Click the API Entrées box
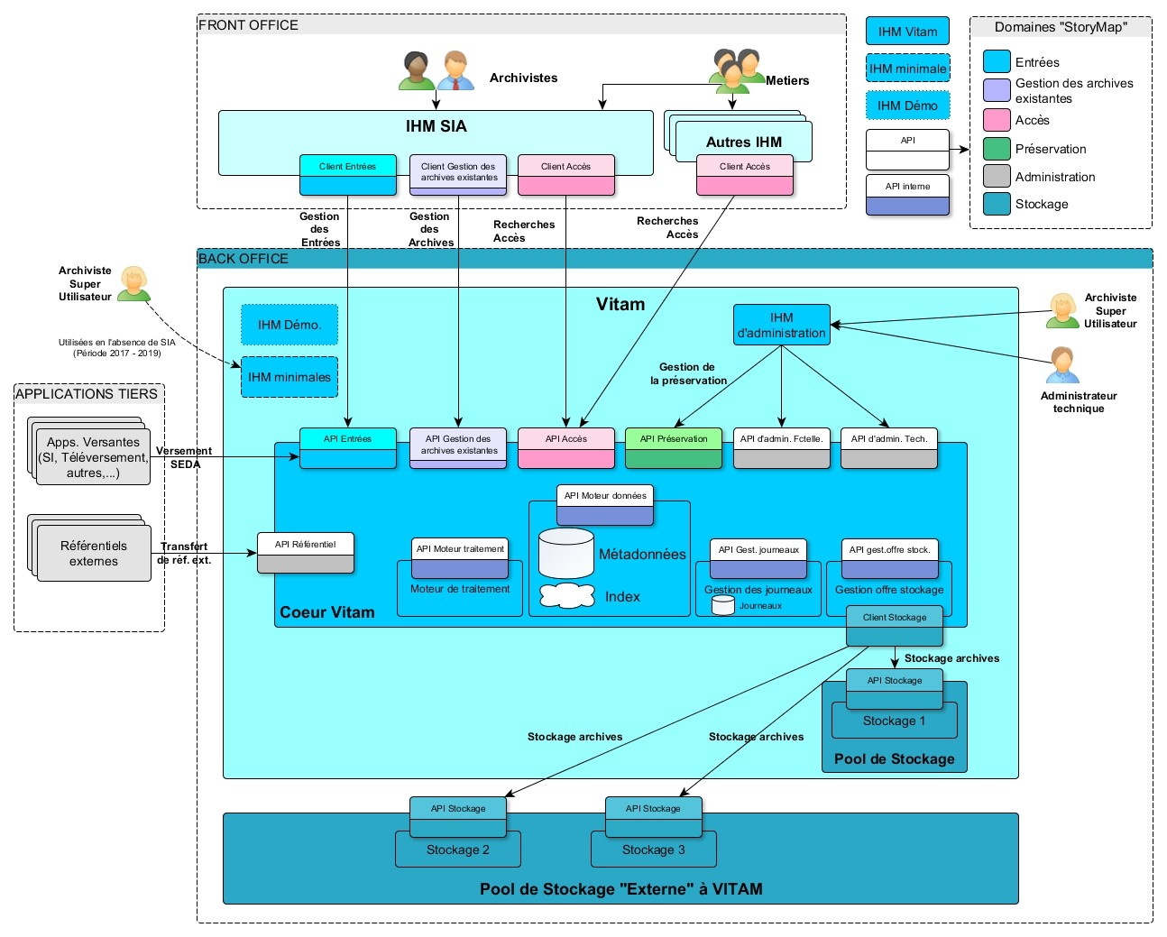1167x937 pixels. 347,447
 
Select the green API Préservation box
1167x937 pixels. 674,447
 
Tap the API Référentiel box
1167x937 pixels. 306,553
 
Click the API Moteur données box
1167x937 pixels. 605,505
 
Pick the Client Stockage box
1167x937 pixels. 895,626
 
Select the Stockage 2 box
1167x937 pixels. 458,850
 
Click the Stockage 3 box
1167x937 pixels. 654,850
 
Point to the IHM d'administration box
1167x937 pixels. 781,326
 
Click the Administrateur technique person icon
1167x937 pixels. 1062,365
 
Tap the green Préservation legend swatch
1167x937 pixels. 997,149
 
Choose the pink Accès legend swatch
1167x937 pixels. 997,120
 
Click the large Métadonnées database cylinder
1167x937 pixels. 566,553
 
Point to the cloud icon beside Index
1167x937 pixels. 567,596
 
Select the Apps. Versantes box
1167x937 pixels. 93,457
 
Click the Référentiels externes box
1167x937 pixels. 94,553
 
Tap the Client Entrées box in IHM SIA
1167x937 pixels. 347,175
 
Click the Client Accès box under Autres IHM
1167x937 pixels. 745,175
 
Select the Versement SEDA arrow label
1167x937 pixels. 184,457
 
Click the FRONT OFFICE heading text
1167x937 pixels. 249,25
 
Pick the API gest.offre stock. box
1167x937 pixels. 889,559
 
